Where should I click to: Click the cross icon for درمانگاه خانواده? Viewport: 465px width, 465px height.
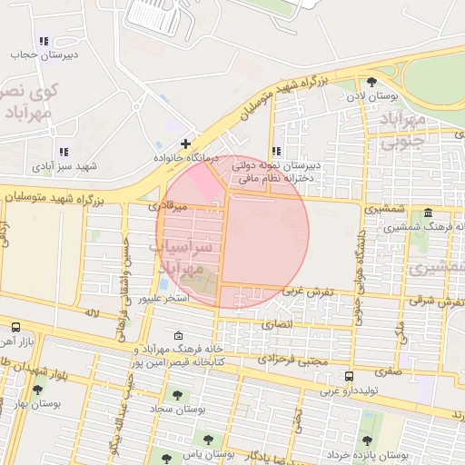point(185,143)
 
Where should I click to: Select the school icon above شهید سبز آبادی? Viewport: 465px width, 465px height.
point(63,152)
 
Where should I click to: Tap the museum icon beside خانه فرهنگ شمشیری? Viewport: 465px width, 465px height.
point(429,212)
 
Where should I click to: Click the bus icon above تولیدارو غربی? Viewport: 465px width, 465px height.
point(350,376)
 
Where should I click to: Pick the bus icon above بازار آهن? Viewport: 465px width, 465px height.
point(15,326)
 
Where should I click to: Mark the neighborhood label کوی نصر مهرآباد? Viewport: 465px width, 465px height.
point(30,102)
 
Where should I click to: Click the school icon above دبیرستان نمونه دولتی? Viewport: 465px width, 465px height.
point(276,152)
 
